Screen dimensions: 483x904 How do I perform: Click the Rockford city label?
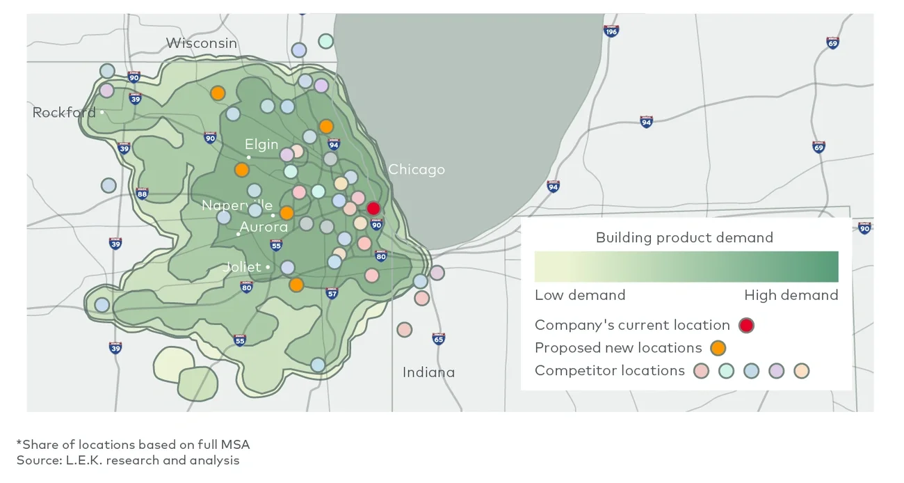tap(64, 113)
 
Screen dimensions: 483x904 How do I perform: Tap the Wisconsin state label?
tap(201, 43)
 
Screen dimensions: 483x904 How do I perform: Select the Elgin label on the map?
tap(261, 145)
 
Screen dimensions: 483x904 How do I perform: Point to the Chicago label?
tap(417, 169)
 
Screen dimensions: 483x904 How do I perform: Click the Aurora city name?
tap(264, 228)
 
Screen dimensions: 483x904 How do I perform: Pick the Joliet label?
tap(242, 267)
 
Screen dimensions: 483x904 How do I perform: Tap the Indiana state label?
tap(428, 372)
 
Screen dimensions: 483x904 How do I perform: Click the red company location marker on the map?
tap(373, 208)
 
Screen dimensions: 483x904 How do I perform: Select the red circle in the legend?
tap(746, 325)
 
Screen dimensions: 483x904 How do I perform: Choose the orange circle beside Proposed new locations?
tap(718, 348)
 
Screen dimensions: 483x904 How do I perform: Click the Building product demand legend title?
tap(684, 238)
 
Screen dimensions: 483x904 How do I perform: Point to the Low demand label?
tap(580, 295)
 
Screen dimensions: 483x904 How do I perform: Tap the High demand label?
tap(791, 295)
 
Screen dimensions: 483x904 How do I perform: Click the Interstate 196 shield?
tap(611, 31)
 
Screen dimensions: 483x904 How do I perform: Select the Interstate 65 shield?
tap(438, 339)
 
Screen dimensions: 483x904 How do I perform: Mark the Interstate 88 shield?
tap(143, 193)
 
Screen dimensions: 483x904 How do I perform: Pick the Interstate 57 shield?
tap(332, 293)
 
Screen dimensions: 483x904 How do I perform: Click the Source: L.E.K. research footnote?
tap(128, 460)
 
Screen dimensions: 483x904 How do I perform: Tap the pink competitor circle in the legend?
tap(701, 371)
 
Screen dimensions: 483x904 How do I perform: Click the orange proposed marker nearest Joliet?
tap(296, 285)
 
